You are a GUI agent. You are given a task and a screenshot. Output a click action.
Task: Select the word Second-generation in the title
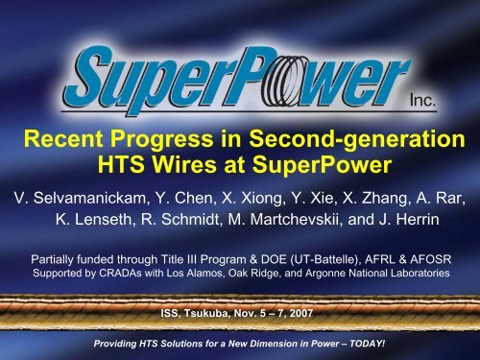click(358, 143)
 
